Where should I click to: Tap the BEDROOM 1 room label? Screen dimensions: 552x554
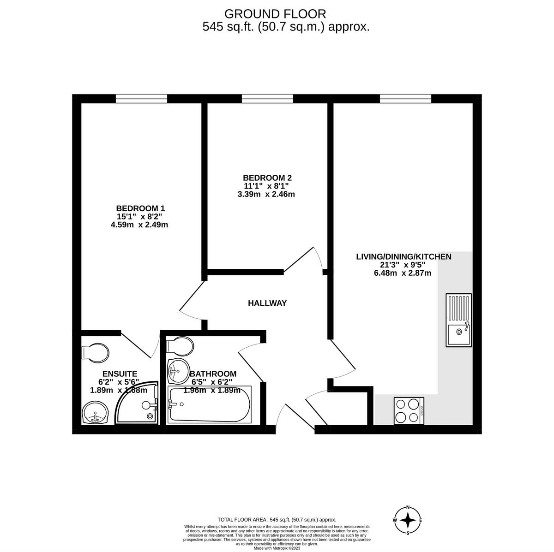click(x=140, y=208)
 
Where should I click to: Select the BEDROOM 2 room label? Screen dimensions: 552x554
click(x=267, y=178)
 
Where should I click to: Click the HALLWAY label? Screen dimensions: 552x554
click(x=267, y=303)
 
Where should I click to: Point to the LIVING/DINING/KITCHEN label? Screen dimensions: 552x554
click(x=403, y=256)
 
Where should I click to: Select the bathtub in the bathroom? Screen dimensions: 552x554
click(x=210, y=405)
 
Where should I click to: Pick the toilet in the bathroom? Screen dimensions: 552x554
click(x=181, y=345)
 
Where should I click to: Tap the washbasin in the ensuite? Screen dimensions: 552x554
click(x=95, y=413)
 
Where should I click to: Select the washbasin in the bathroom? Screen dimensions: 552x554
click(x=177, y=370)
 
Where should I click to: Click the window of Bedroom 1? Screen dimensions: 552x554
click(x=141, y=98)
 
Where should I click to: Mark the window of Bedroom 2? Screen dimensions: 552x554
click(x=267, y=98)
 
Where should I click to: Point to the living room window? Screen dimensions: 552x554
click(x=405, y=98)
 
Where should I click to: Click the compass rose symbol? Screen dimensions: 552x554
click(x=408, y=520)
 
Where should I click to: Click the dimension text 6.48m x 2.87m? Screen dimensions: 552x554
click(x=403, y=273)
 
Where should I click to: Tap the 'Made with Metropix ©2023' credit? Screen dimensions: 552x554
click(x=277, y=548)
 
